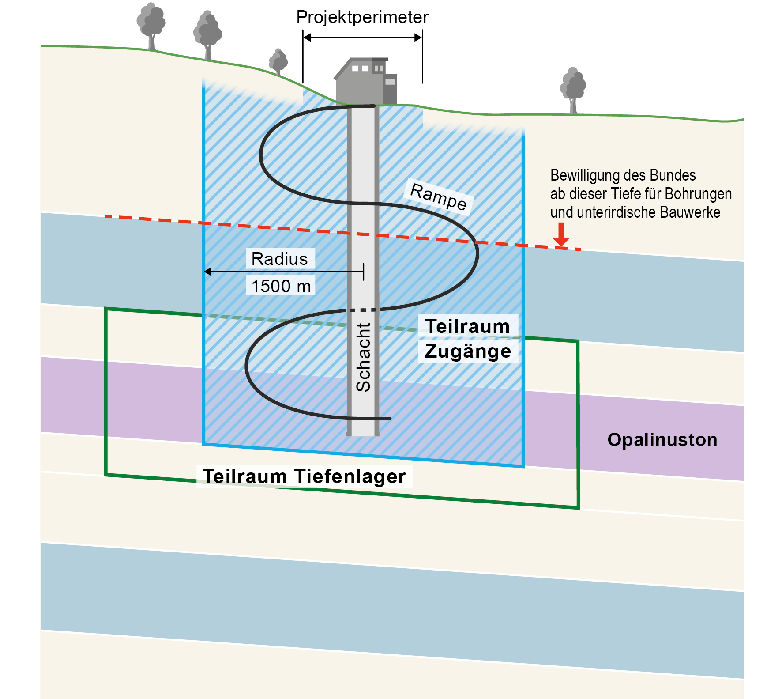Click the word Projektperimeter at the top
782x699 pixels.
pyautogui.click(x=362, y=18)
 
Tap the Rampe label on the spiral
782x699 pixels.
pyautogui.click(x=438, y=197)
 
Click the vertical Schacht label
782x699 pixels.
pyautogui.click(x=363, y=357)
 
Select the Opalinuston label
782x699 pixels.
pyautogui.click(x=662, y=440)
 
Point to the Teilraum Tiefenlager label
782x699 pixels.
pyautogui.click(x=304, y=476)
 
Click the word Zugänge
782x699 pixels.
pyautogui.click(x=468, y=351)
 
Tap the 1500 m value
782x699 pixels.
pyautogui.click(x=281, y=286)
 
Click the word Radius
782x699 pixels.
pyautogui.click(x=279, y=259)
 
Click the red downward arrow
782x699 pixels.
pyautogui.click(x=561, y=235)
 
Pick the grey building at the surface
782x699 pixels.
pyautogui.click(x=365, y=82)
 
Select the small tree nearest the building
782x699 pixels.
pyautogui.click(x=278, y=62)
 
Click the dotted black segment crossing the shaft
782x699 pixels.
pyautogui.click(x=363, y=310)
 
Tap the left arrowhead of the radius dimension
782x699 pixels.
pyautogui.click(x=207, y=272)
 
